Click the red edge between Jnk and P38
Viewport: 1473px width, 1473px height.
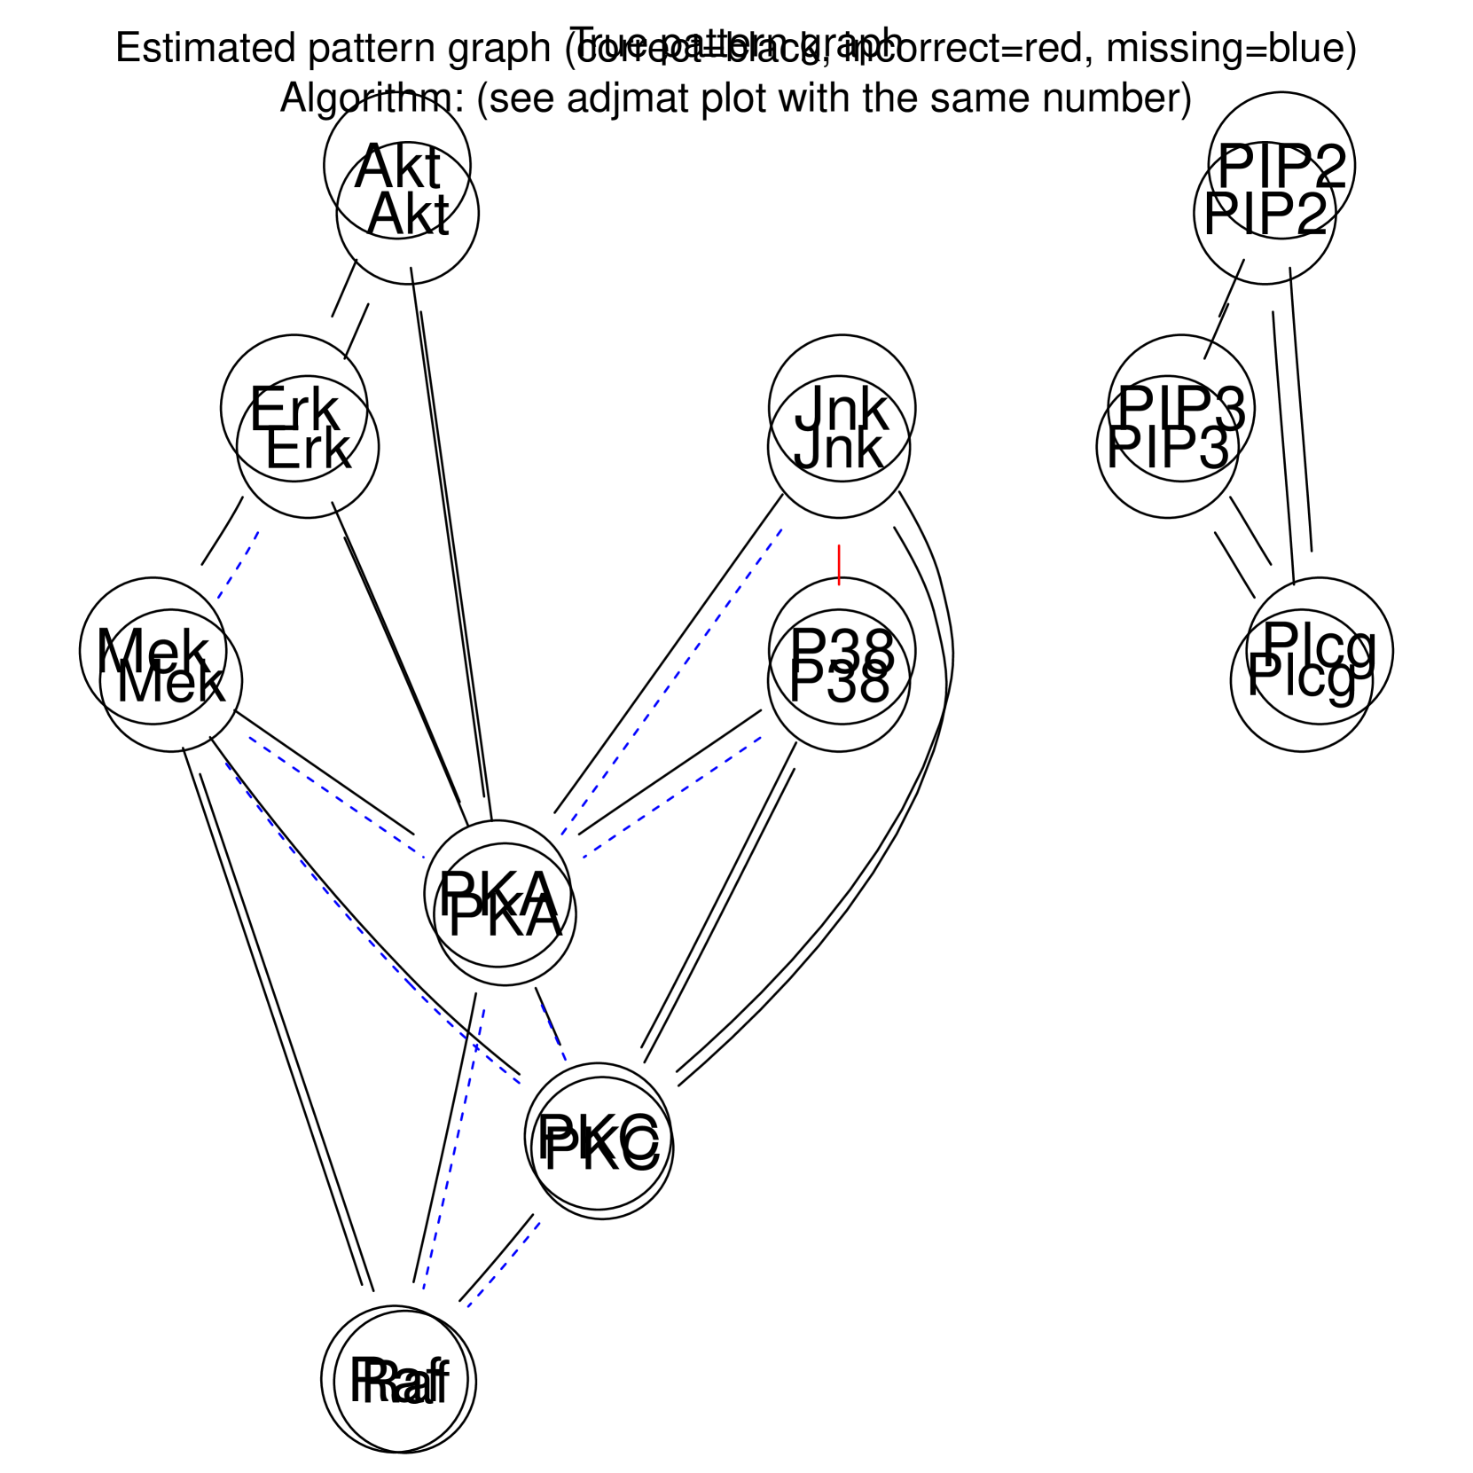pos(839,565)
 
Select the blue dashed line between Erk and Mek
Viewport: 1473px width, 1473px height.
pos(238,565)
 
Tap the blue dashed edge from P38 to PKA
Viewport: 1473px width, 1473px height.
pos(672,797)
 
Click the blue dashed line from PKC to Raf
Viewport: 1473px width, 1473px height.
pos(504,1264)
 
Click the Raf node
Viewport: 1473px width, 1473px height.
pos(399,1380)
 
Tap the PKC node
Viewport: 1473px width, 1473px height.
pos(599,1142)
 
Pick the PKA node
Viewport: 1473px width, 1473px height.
pos(501,905)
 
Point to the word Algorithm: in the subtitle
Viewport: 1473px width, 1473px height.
pos(371,98)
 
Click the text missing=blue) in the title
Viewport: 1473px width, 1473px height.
pos(1231,48)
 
